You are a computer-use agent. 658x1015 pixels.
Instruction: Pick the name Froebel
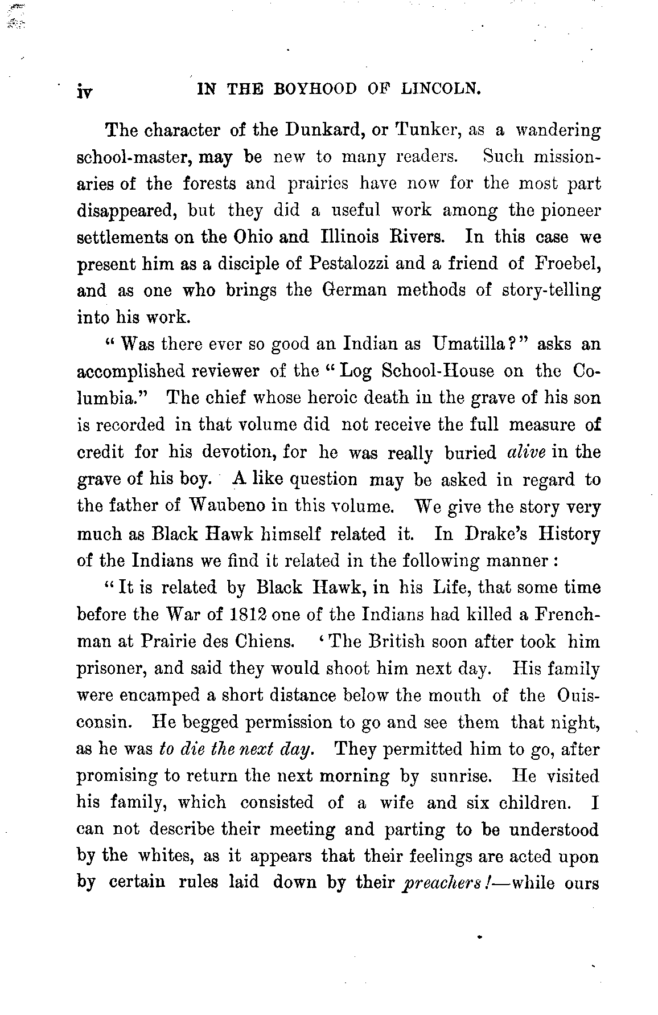click(566, 264)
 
